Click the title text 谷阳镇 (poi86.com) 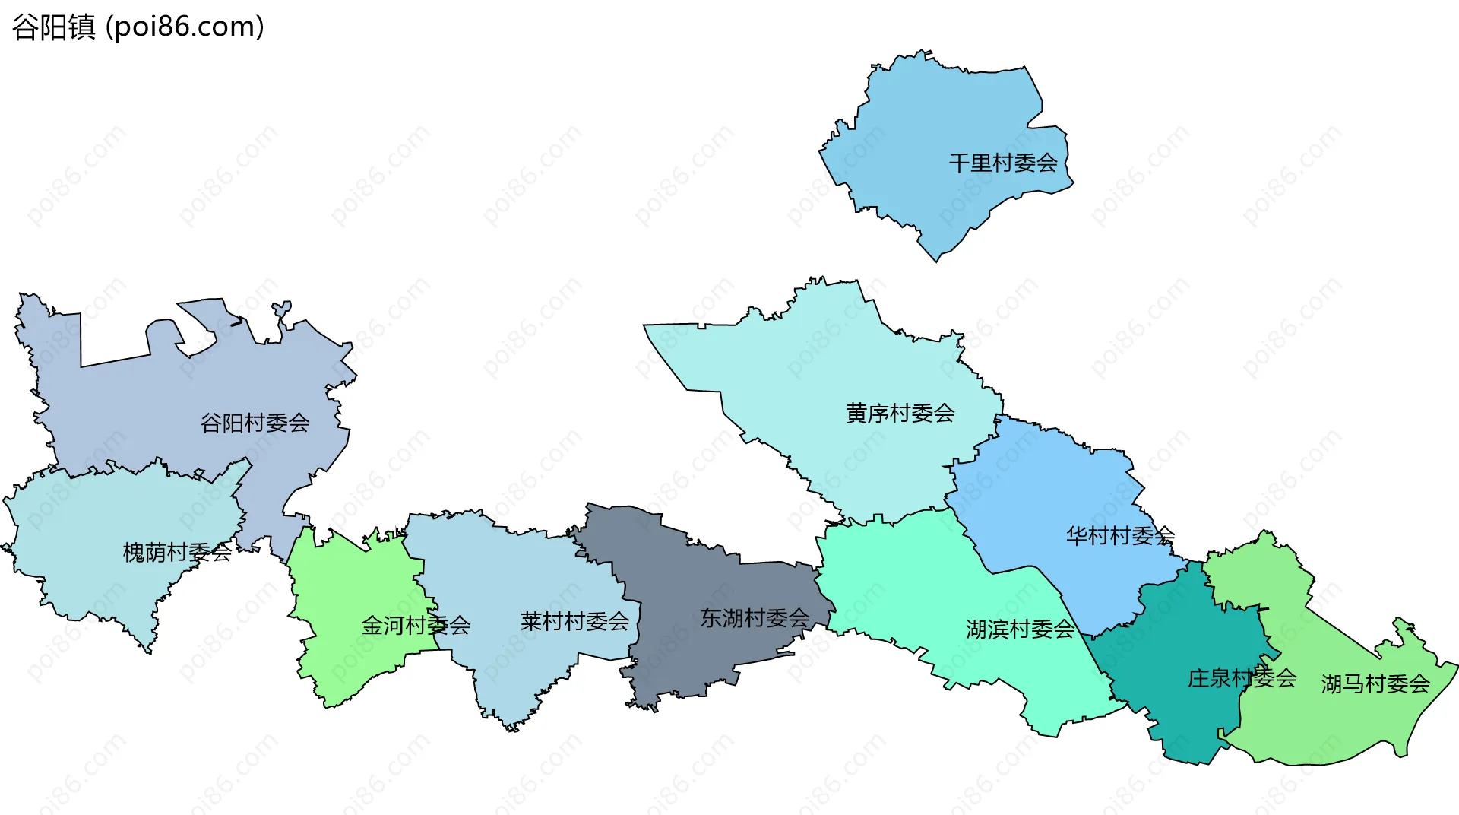pyautogui.click(x=138, y=27)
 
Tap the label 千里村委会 pyautogui.click(x=1003, y=163)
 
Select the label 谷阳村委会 pyautogui.click(x=255, y=423)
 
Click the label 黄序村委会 pyautogui.click(x=900, y=413)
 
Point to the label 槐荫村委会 pyautogui.click(x=177, y=552)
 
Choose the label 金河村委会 pyautogui.click(x=416, y=625)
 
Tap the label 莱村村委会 pyautogui.click(x=574, y=621)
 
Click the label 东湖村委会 pyautogui.click(x=755, y=618)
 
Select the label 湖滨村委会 pyautogui.click(x=1020, y=629)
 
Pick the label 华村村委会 pyautogui.click(x=1120, y=535)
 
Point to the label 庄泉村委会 pyautogui.click(x=1242, y=677)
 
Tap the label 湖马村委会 pyautogui.click(x=1375, y=683)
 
